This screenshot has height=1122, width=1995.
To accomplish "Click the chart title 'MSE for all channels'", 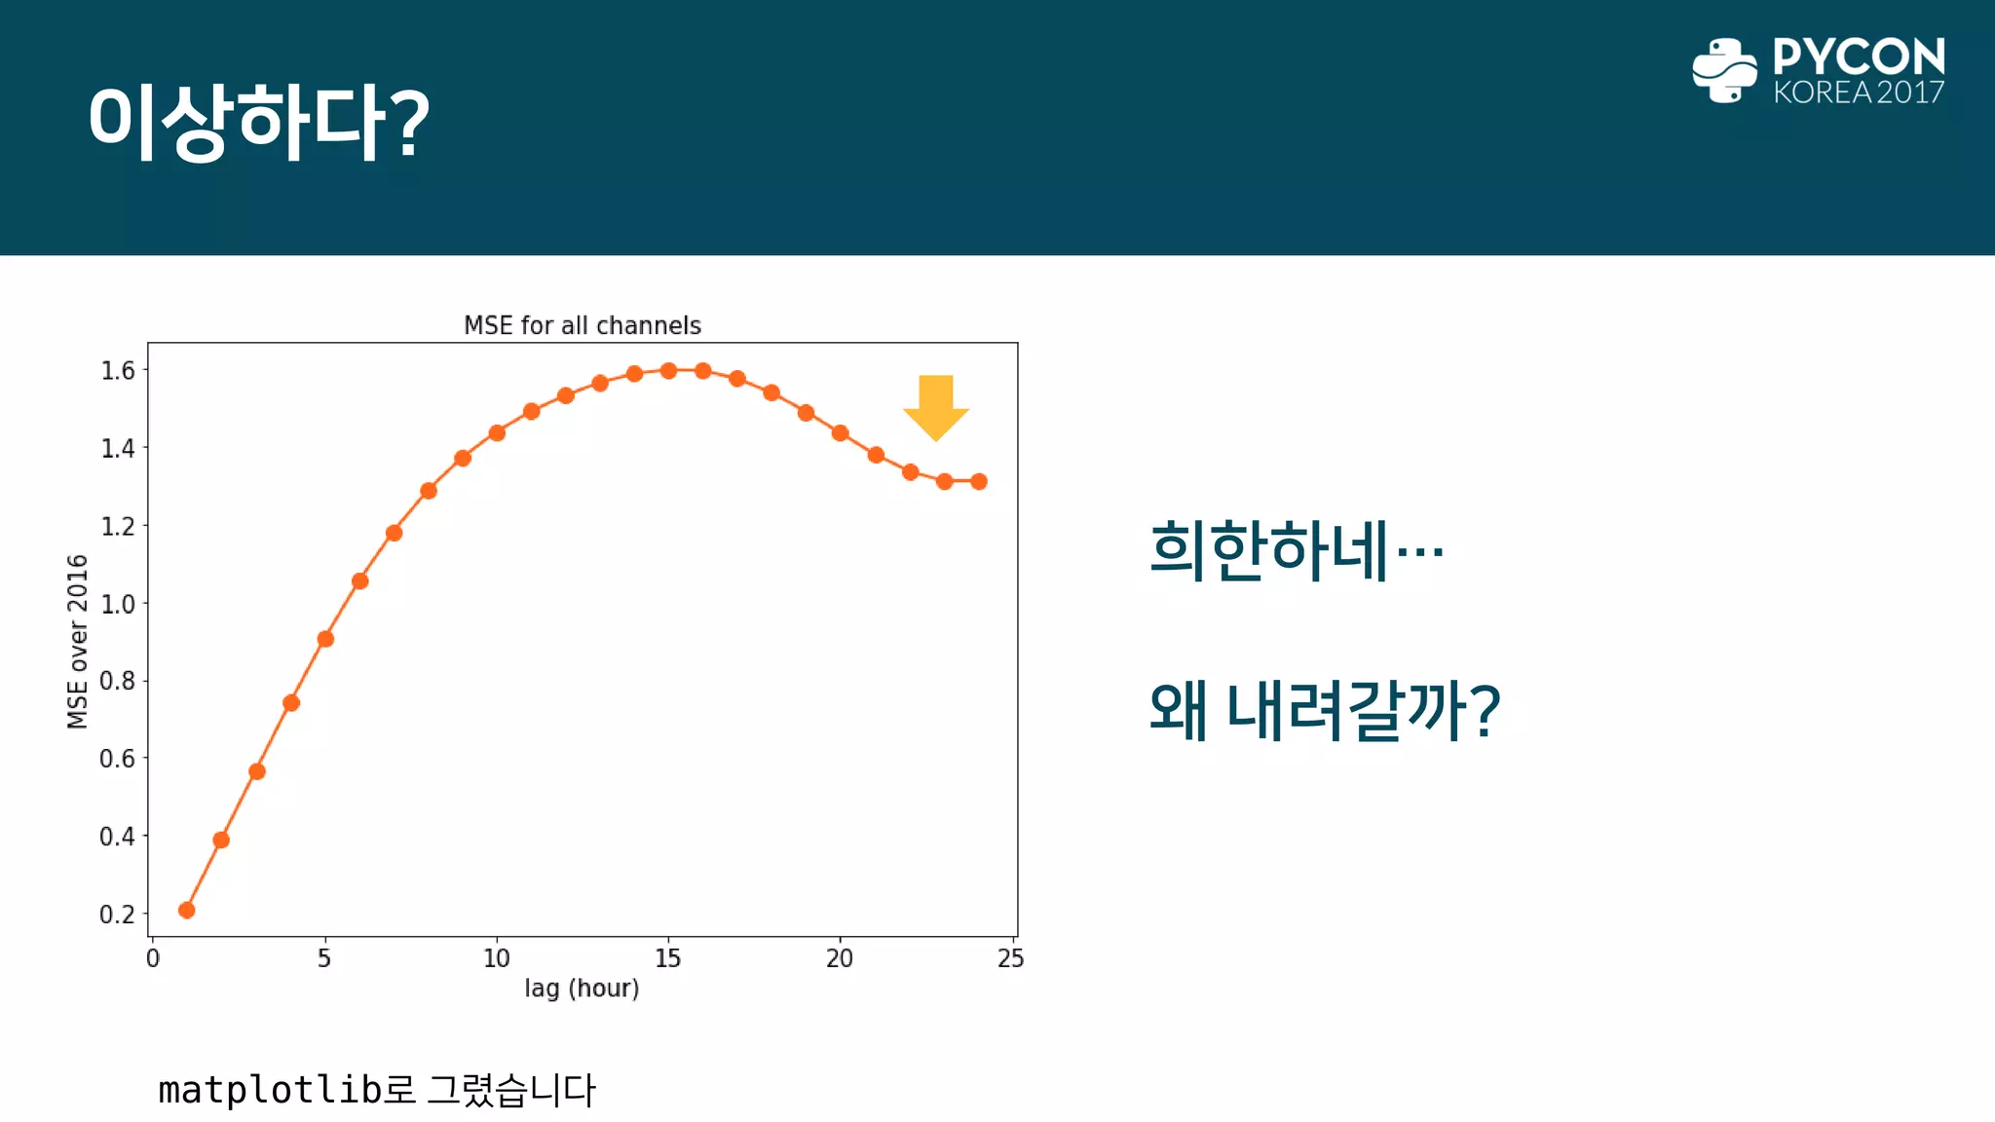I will tap(582, 325).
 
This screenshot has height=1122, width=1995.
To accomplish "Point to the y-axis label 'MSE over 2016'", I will tap(78, 641).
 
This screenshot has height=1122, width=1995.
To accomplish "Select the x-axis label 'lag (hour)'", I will tap(582, 989).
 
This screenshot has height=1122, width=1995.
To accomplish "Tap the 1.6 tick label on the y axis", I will tap(117, 370).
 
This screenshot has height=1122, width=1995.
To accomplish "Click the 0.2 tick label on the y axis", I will tap(117, 915).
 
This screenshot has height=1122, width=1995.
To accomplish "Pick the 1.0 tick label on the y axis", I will tap(117, 604).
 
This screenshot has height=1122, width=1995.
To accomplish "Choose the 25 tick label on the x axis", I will tap(1010, 959).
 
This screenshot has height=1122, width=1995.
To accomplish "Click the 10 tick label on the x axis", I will tap(496, 959).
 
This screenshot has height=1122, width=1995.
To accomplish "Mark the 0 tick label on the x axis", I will tap(153, 959).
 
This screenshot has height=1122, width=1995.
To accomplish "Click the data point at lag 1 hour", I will tap(187, 910).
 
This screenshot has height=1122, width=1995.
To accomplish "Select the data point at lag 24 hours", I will tap(979, 481).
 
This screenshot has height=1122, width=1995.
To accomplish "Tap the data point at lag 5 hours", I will tap(325, 639).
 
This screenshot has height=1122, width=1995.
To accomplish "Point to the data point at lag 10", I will tap(497, 432).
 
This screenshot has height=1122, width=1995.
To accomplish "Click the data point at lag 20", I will tap(841, 432).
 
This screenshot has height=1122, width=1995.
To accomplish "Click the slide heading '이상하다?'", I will tap(258, 122).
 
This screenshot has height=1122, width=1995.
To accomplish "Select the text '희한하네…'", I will tap(1296, 550).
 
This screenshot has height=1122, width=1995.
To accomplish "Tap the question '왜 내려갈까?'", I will tap(1324, 710).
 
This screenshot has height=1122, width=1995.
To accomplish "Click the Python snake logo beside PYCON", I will tap(1724, 70).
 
